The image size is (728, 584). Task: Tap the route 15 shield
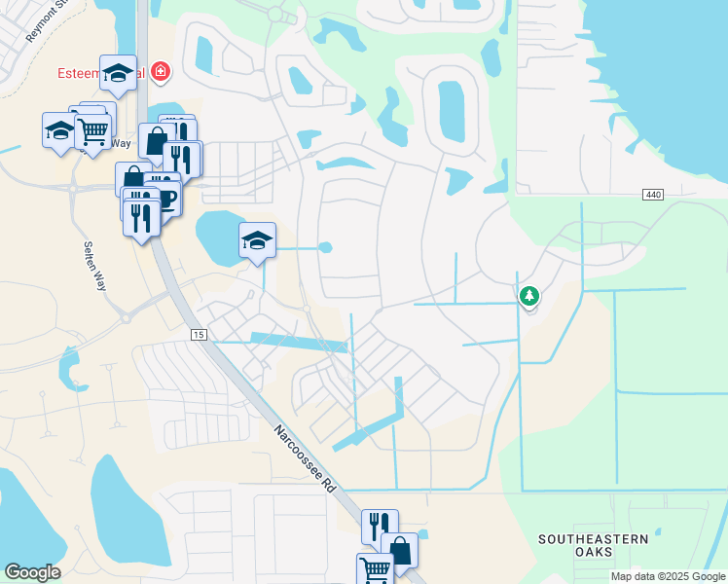(200, 335)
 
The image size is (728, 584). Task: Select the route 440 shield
(653, 196)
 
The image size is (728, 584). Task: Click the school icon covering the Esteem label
(118, 73)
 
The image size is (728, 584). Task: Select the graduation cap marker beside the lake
(257, 240)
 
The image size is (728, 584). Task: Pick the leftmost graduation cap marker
(59, 129)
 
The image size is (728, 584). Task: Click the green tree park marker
(529, 294)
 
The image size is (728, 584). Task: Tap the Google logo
(32, 572)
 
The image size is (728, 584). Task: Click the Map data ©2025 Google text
(668, 576)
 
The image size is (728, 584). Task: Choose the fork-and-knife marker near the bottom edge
(379, 527)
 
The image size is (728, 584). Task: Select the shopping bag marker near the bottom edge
(399, 550)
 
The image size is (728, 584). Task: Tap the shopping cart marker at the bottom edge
(375, 568)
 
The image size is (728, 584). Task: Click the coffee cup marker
(165, 198)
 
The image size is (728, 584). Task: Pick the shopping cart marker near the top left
(92, 129)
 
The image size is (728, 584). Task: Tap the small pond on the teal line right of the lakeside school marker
(325, 247)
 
